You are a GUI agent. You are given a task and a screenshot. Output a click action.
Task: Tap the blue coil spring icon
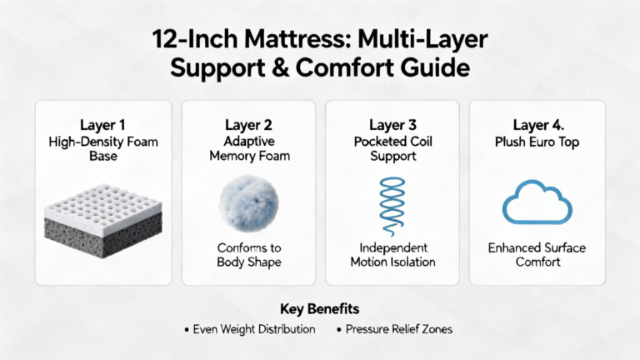[x=392, y=207]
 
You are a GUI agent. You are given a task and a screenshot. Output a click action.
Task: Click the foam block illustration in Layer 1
[x=103, y=220]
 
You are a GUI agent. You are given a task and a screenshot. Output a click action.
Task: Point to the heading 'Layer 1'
[x=102, y=125]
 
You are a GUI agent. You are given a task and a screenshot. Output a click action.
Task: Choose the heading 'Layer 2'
[x=248, y=125]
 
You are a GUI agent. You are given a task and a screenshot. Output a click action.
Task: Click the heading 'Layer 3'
[x=392, y=125]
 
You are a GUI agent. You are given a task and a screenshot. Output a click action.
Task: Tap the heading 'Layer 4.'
[x=538, y=125]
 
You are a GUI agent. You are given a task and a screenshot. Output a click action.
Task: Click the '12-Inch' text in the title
[x=195, y=40]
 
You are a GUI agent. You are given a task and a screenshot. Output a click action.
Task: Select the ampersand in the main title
[x=280, y=67]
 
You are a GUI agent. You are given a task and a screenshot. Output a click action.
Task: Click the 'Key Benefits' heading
[x=320, y=309]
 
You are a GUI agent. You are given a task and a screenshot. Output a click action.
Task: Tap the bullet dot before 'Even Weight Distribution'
[x=187, y=330]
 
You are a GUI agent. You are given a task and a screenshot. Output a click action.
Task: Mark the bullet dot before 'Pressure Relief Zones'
[x=339, y=330]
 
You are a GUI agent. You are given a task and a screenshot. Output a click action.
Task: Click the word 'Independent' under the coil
[x=393, y=247]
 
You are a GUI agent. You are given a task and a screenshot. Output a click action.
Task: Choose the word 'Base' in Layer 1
[x=103, y=156]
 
